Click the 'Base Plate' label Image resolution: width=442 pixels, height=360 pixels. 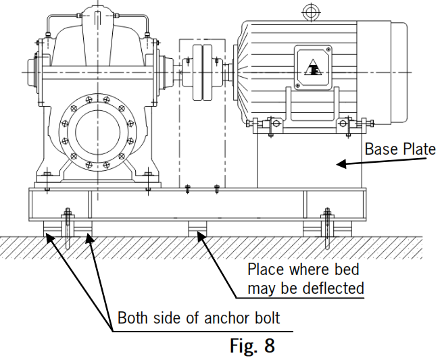point(400,149)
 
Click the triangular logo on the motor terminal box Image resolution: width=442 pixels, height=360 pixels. point(312,68)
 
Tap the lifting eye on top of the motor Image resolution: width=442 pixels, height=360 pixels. point(310,11)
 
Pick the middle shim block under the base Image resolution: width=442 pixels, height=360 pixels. point(197,228)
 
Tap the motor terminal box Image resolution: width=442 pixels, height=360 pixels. point(312,68)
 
